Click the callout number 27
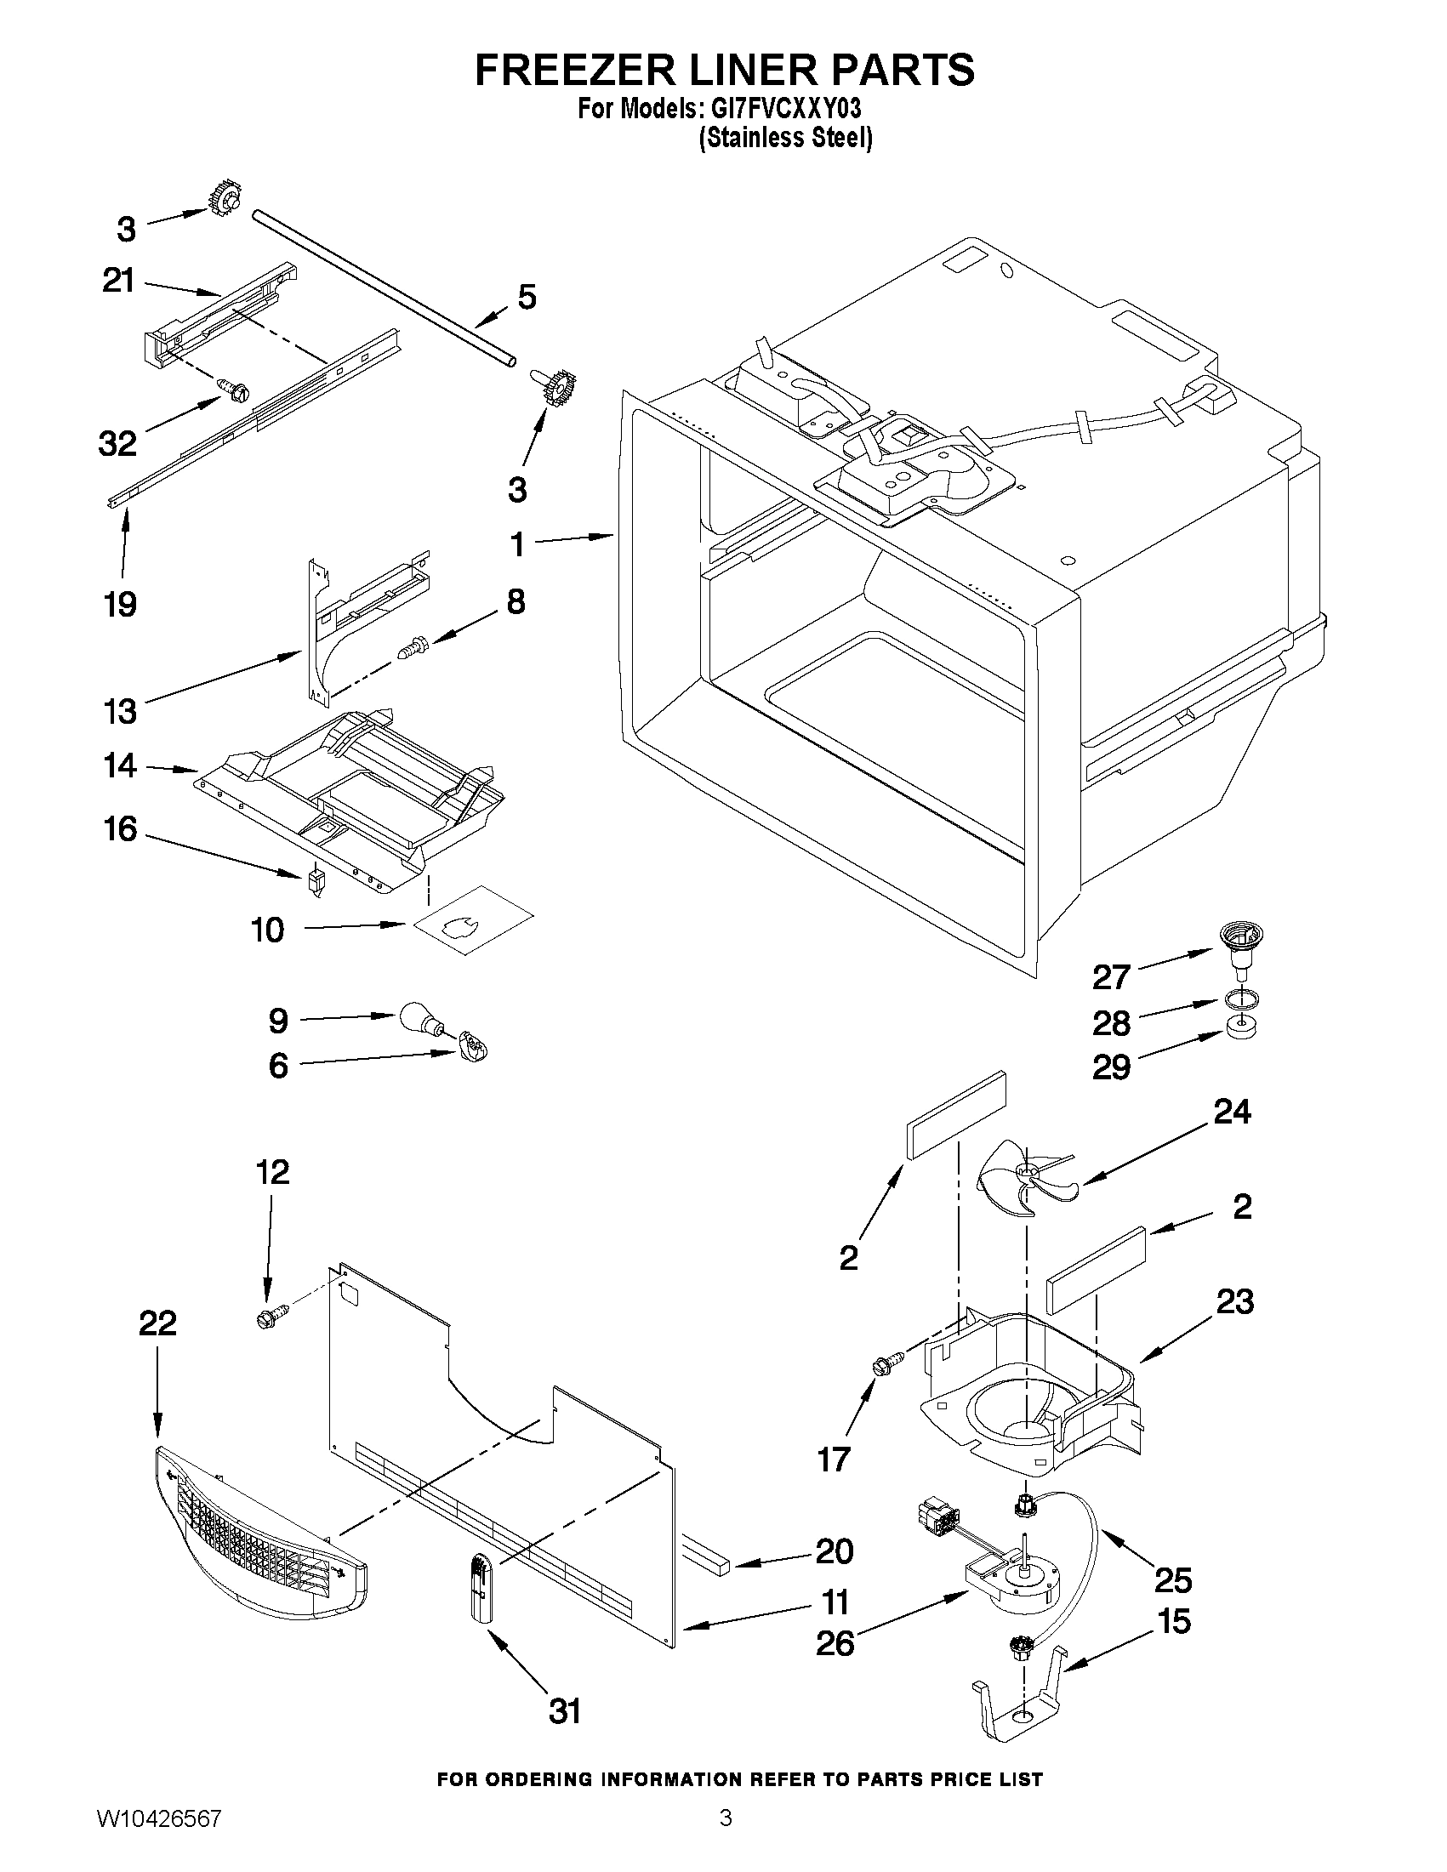(x=1111, y=976)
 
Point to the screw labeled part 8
(x=418, y=647)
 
